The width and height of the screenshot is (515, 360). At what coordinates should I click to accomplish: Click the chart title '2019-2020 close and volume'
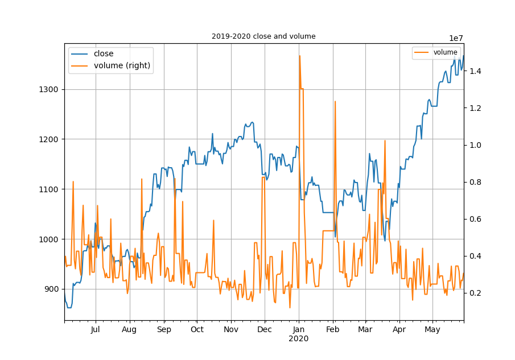pyautogui.click(x=263, y=36)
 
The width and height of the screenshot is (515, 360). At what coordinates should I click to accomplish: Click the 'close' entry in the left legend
pyautogui.click(x=104, y=54)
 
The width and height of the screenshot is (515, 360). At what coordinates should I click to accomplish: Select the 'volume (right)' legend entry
pyautogui.click(x=122, y=65)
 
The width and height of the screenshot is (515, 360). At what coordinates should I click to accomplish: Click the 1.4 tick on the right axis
pyautogui.click(x=475, y=71)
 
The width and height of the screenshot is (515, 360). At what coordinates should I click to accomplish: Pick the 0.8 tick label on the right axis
pyautogui.click(x=475, y=182)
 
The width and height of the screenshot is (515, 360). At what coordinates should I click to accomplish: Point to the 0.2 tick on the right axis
pyautogui.click(x=475, y=293)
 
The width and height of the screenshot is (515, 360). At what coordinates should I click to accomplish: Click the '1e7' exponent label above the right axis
pyautogui.click(x=456, y=38)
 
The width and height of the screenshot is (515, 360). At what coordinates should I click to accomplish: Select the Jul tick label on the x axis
pyautogui.click(x=95, y=330)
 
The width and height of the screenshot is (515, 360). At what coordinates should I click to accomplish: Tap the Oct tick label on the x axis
pyautogui.click(x=197, y=330)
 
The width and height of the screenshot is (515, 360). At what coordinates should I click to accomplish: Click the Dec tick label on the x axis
pyautogui.click(x=265, y=330)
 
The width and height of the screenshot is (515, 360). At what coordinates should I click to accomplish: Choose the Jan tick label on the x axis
pyautogui.click(x=299, y=330)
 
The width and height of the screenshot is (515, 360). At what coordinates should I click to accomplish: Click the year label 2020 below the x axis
pyautogui.click(x=299, y=339)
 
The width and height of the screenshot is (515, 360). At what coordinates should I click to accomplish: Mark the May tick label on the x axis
pyautogui.click(x=433, y=330)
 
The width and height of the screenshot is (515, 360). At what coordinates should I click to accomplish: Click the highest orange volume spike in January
pyautogui.click(x=299, y=56)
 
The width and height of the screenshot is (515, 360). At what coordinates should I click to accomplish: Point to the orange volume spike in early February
pyautogui.click(x=335, y=101)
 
